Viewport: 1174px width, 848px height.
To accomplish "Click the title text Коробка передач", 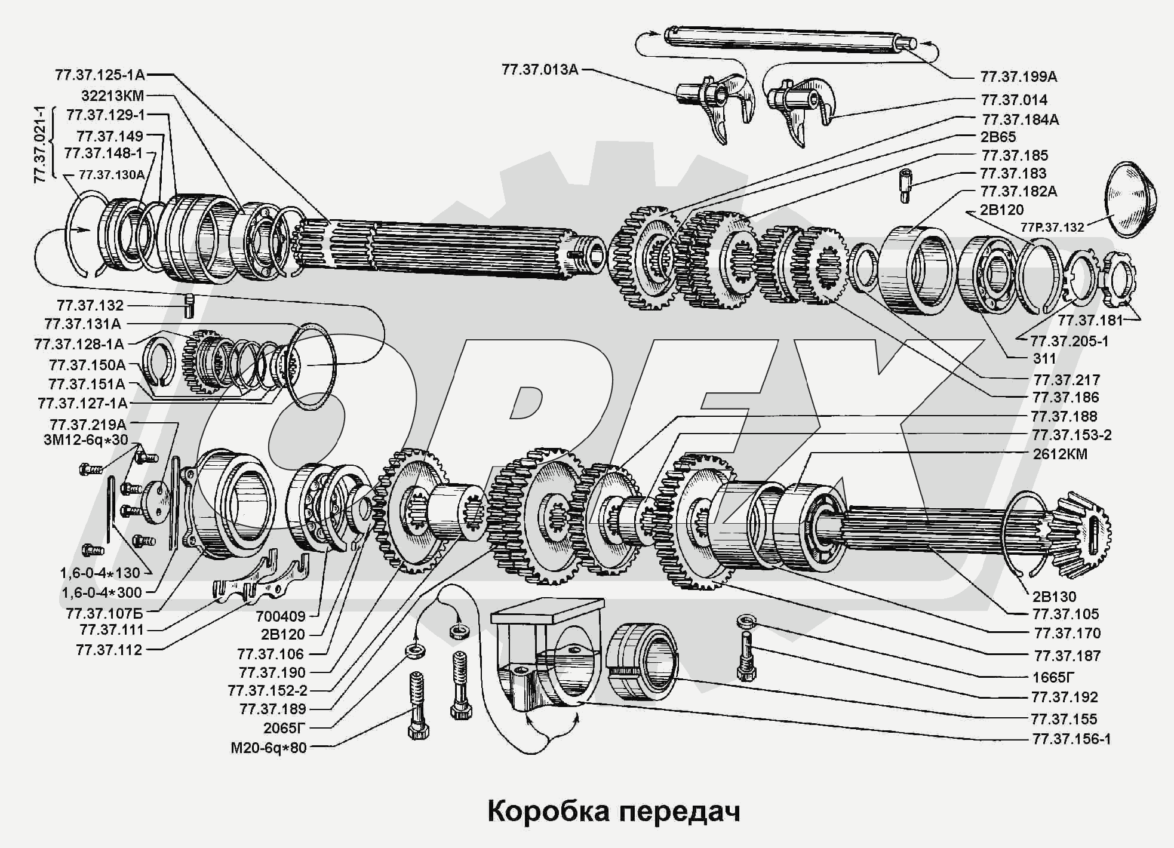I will tap(613, 812).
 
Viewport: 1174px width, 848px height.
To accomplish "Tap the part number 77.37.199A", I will tap(1018, 76).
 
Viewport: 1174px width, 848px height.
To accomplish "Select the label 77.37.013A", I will tap(540, 69).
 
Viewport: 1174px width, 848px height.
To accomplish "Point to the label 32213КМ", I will tap(112, 96).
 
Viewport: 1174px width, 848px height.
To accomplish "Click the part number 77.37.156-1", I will tap(1071, 739).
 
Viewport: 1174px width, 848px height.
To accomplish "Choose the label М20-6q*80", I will tap(268, 748).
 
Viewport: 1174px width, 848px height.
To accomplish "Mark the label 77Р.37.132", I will tap(1052, 228).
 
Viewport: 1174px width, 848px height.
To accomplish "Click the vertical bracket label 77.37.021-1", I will tap(41, 144).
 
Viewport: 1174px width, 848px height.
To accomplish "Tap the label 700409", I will tap(280, 616).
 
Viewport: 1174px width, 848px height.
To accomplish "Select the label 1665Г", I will tap(1053, 677).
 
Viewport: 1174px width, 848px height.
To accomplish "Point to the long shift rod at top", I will tap(788, 42).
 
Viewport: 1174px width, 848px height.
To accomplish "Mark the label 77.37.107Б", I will tap(113, 613).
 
